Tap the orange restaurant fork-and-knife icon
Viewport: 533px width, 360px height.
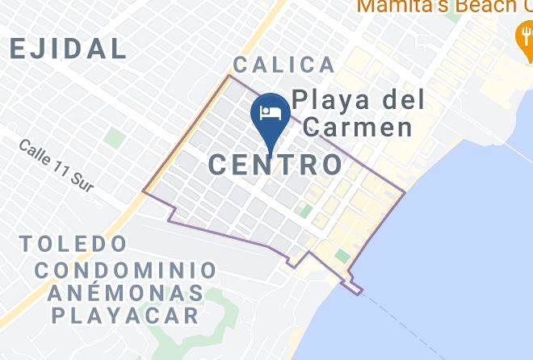(523, 33)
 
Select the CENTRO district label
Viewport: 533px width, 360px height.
(275, 165)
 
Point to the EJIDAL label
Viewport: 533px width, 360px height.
(68, 48)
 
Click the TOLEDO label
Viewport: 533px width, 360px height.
(73, 243)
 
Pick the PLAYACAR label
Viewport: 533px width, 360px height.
(125, 315)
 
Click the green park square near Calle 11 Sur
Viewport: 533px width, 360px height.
(115, 138)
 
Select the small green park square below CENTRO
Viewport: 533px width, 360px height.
(306, 211)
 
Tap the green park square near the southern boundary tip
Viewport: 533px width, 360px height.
(342, 256)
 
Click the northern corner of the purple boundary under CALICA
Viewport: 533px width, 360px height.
(230, 76)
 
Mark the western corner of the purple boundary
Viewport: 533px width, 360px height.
(144, 192)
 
